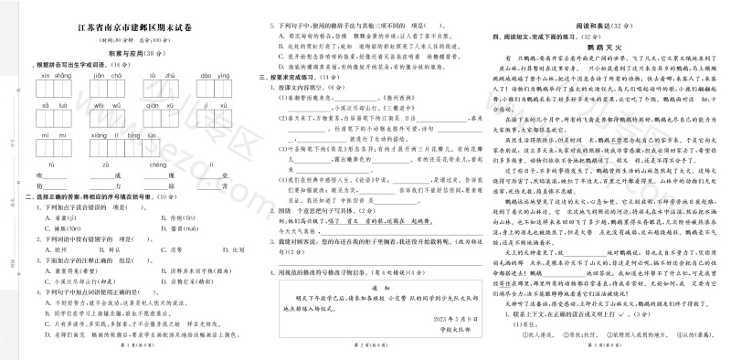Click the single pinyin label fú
point(53,164)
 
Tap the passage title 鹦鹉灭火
point(603,45)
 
